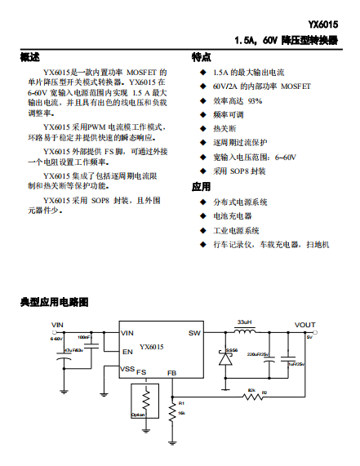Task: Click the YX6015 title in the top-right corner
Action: [327, 24]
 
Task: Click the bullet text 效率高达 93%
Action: [238, 100]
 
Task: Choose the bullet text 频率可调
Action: [228, 115]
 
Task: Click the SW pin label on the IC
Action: [194, 333]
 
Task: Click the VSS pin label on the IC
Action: [128, 369]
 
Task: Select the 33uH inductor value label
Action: [243, 323]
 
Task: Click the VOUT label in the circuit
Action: [304, 325]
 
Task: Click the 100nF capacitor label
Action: [84, 337]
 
